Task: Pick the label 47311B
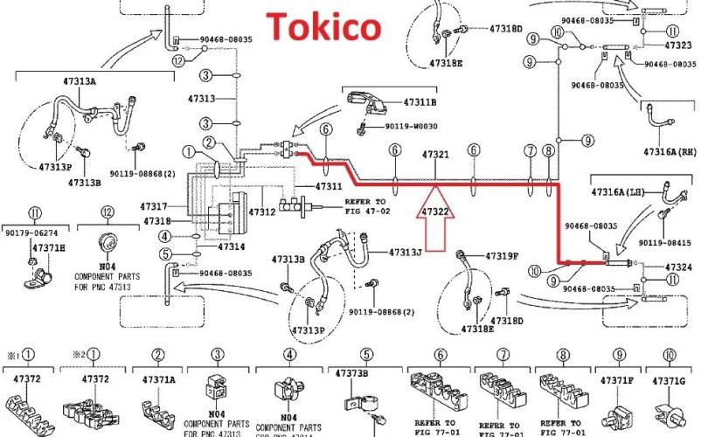point(420,102)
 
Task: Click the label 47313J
point(406,253)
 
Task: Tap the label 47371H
point(49,248)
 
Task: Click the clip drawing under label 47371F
point(618,410)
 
